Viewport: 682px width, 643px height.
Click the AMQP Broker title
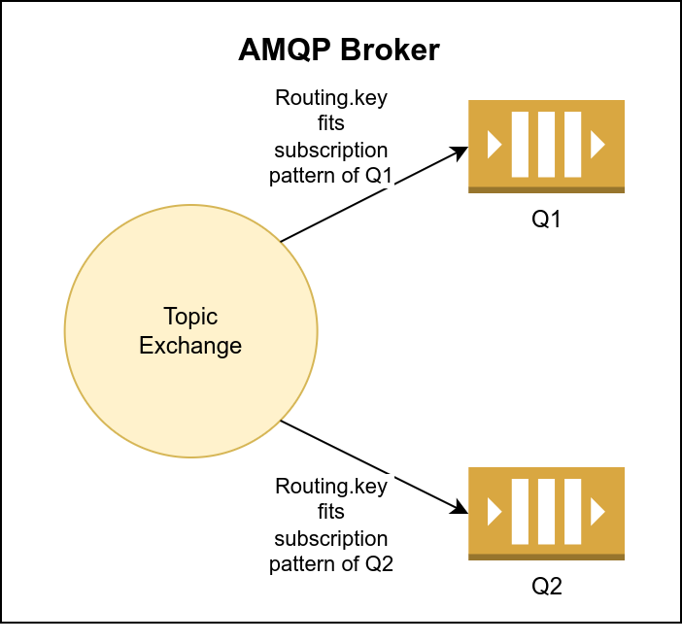338,51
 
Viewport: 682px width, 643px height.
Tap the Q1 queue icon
546,146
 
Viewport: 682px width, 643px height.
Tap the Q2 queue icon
546,513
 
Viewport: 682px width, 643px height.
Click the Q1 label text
546,220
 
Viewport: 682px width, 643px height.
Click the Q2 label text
546,587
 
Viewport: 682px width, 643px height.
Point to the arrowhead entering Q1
460,152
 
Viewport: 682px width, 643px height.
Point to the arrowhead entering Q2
460,508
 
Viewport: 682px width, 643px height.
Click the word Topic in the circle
190,317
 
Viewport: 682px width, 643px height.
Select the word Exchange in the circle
190,345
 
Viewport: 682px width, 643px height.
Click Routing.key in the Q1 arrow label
330,100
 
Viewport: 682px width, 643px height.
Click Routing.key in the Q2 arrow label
330,488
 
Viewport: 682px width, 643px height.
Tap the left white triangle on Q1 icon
494,145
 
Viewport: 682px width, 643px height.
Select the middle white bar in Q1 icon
546,145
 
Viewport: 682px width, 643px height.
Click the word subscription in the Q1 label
330,151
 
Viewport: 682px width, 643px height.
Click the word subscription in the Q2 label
330,538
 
